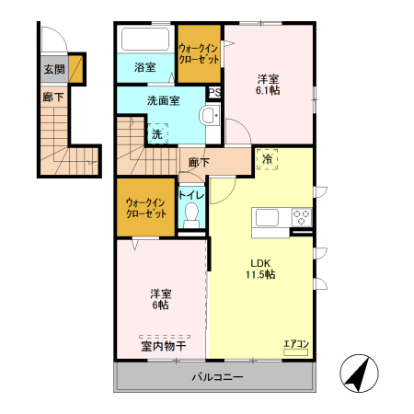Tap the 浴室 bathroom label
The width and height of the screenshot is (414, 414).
point(144,67)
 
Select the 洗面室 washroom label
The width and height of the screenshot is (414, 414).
point(162,101)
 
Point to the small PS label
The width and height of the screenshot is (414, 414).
point(214,92)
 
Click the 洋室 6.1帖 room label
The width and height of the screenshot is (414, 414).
point(268,84)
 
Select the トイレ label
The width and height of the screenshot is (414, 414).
point(191,194)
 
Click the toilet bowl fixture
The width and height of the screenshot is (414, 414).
point(191,214)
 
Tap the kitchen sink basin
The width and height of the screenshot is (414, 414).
point(268,217)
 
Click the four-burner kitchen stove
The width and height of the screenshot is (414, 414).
point(301,217)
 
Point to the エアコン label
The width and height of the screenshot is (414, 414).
point(295,343)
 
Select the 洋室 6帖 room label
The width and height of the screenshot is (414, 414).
point(161,299)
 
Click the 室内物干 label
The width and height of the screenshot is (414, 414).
point(164,347)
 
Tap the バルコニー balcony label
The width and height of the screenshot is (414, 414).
point(217,377)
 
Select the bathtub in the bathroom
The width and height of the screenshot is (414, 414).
point(144,40)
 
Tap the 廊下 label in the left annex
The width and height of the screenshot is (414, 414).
point(52,95)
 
